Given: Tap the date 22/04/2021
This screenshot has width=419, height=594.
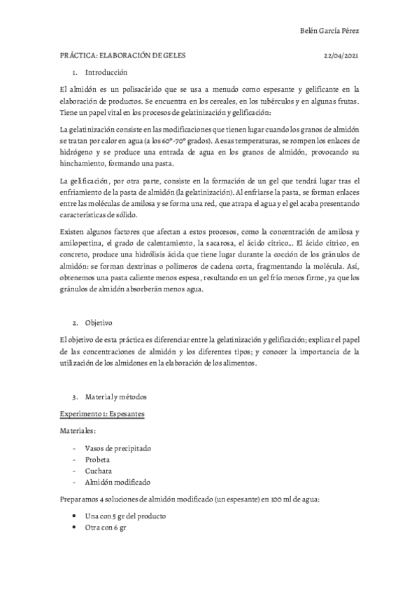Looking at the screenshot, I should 341,55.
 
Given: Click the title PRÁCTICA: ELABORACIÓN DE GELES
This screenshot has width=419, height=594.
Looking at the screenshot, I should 123,55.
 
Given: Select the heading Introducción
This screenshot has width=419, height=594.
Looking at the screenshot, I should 106,72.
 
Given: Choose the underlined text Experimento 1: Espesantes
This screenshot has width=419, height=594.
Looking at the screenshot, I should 102,414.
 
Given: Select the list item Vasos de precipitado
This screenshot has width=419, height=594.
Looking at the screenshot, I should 118,448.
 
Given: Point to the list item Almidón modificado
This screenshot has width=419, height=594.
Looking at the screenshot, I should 116,482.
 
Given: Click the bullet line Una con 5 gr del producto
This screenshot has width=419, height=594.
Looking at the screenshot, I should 125,516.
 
